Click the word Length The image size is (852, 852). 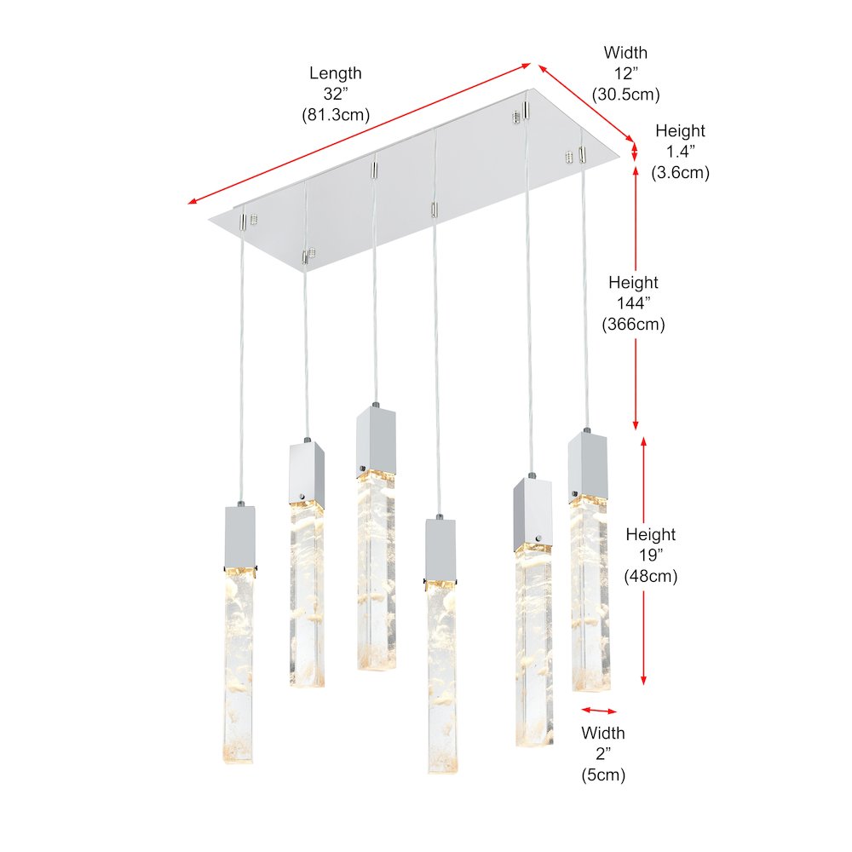[335, 73]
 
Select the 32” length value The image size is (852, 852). [335, 94]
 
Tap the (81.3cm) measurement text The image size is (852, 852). [336, 115]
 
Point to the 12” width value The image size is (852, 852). [625, 73]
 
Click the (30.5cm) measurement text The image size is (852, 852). [626, 94]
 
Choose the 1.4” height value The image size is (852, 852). [680, 152]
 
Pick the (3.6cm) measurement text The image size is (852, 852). [680, 172]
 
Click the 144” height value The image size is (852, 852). [633, 303]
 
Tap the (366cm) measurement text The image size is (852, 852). [633, 324]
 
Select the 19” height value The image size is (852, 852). [650, 556]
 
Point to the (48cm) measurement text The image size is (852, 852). [650, 576]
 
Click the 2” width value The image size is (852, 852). [603, 754]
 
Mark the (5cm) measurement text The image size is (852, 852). [603, 774]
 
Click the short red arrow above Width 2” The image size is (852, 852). [599, 711]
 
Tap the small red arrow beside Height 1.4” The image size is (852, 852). [635, 151]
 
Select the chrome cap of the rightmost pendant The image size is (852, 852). [587, 464]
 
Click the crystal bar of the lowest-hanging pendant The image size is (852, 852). [441, 677]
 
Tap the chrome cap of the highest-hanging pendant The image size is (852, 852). [376, 440]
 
